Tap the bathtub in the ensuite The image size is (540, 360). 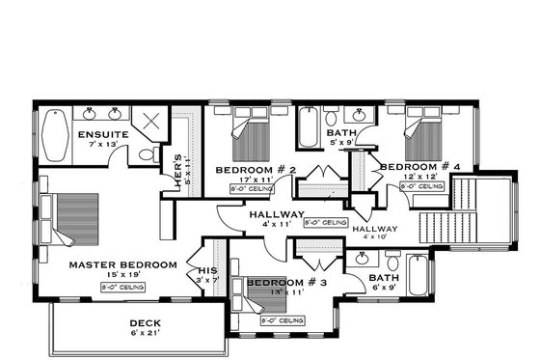(x=53, y=135)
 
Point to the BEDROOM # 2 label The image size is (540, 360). (x=255, y=170)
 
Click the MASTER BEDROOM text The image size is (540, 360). (x=122, y=264)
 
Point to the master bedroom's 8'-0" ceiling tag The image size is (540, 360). (x=122, y=287)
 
